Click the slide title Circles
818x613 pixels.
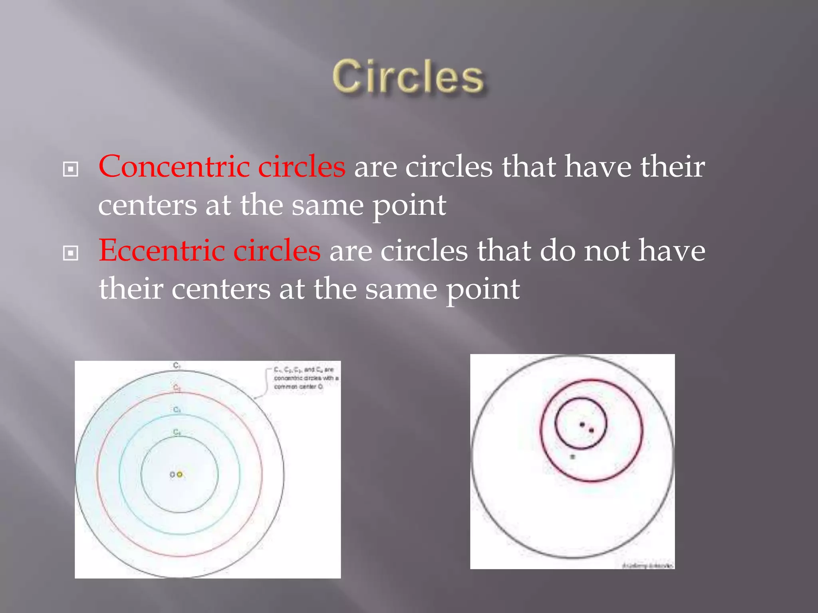click(408, 77)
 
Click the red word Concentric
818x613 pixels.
click(174, 166)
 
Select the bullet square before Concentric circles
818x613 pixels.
click(71, 169)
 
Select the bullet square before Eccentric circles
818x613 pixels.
click(71, 253)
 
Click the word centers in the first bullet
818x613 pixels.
click(147, 205)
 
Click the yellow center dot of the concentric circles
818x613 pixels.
click(180, 474)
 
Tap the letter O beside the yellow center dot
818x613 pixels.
click(172, 475)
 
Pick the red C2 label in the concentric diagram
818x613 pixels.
click(177, 388)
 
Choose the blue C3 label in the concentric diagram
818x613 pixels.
click(177, 410)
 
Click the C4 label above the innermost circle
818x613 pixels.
click(177, 432)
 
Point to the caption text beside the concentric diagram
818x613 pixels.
click(306, 378)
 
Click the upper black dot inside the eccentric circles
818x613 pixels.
click(582, 424)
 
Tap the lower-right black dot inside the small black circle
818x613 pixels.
click(591, 430)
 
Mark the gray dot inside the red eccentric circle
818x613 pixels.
click(572, 457)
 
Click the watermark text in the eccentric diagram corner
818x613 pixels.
click(647, 565)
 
